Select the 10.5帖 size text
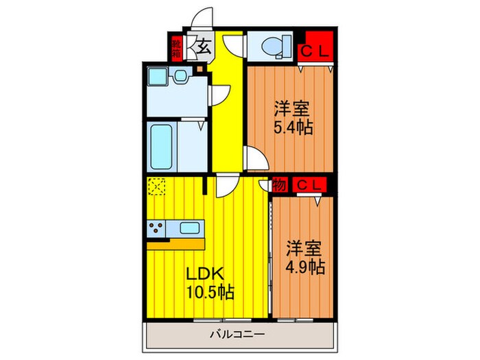click(210, 293)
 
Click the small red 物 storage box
click(279, 184)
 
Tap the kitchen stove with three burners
click(156, 228)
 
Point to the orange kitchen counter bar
click(176, 243)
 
